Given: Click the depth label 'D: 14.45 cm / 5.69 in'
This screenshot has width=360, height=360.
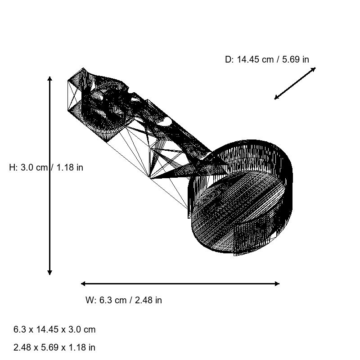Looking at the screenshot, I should tap(267, 59).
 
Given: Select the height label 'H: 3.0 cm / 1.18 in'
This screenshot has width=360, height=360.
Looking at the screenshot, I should tap(46, 167).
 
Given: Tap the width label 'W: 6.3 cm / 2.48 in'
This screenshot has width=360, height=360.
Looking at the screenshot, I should tap(123, 300).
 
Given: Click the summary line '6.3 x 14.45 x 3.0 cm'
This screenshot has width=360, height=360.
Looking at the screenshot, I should tap(54, 329).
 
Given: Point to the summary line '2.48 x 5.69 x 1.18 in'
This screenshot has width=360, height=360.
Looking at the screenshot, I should tap(54, 347).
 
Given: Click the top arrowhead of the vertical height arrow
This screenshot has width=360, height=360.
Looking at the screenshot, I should tap(49, 79).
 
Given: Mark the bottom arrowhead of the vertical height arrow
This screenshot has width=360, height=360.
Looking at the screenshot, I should tap(49, 272).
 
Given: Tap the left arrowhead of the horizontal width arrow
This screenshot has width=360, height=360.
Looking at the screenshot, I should tap(83, 283).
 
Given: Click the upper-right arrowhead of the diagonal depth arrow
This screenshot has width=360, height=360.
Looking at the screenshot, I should tap(314, 69).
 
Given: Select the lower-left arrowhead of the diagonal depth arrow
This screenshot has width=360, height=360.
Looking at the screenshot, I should tap(277, 98).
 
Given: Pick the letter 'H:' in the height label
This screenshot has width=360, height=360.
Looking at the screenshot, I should tap(13, 167).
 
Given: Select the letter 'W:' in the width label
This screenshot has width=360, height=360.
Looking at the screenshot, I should tap(91, 300).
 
